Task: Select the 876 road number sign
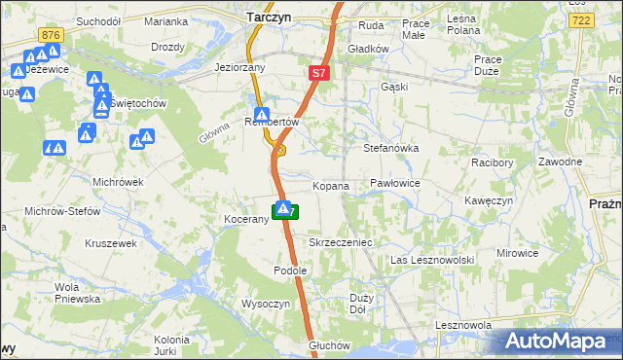51,34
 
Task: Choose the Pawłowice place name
394,183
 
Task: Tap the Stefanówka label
390,149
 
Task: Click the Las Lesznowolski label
431,261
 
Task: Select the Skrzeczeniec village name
341,241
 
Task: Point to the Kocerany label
245,220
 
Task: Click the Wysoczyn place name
266,304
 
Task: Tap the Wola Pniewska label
78,293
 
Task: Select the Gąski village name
393,87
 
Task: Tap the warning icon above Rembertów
262,114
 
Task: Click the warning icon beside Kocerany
283,208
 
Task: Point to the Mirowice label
517,253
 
